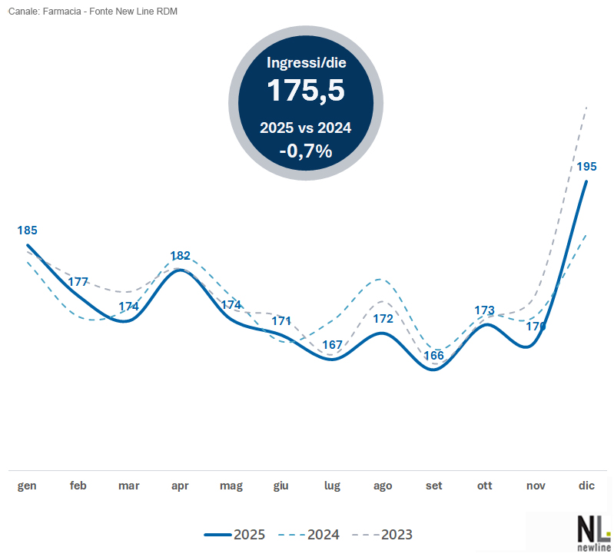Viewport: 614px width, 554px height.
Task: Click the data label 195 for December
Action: click(x=587, y=166)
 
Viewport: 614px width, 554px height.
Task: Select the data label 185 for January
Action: click(x=28, y=230)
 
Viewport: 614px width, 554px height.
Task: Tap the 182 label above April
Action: click(x=180, y=256)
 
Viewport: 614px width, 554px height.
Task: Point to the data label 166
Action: click(x=434, y=355)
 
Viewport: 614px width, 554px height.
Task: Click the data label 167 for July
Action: click(x=332, y=345)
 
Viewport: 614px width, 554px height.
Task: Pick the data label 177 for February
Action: click(x=78, y=281)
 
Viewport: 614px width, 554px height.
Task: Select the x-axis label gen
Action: click(x=28, y=486)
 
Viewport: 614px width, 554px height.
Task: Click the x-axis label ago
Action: click(x=383, y=486)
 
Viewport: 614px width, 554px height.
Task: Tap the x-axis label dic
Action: click(x=587, y=486)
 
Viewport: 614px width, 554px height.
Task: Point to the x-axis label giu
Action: click(x=281, y=486)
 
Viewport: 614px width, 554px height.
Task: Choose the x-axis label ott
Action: click(x=485, y=486)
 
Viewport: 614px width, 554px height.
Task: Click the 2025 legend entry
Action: click(x=234, y=534)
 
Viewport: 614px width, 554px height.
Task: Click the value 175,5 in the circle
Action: click(x=305, y=91)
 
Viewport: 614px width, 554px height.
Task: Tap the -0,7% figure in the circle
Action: click(x=305, y=151)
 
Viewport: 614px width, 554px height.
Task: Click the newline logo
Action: click(x=593, y=532)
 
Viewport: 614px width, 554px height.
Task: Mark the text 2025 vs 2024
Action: click(x=305, y=128)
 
